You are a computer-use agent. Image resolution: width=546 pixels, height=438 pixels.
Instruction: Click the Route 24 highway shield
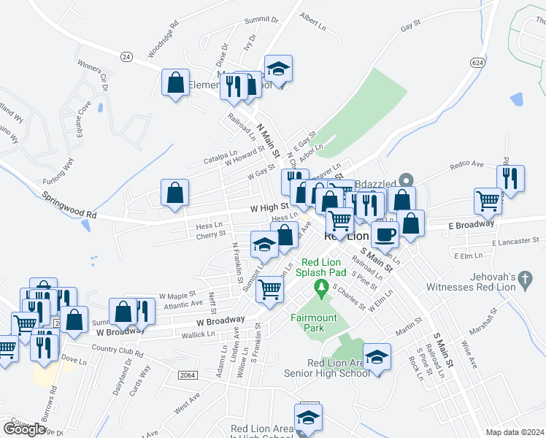pos(126,56)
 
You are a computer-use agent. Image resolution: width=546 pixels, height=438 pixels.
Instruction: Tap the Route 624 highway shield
pos(477,63)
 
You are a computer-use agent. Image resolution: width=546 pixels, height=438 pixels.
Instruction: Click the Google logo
pos(24,429)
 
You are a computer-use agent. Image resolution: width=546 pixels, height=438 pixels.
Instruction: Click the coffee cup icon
pos(385,234)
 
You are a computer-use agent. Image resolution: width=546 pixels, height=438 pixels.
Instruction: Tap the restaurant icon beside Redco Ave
pos(510,178)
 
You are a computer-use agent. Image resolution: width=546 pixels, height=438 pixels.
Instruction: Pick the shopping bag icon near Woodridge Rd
pos(176,82)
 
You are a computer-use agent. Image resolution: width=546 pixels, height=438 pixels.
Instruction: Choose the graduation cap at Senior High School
pos(377,356)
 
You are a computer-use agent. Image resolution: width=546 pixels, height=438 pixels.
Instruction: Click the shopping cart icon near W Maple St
pos(270,288)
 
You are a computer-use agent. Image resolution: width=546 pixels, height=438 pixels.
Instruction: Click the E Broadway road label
pos(471,225)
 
